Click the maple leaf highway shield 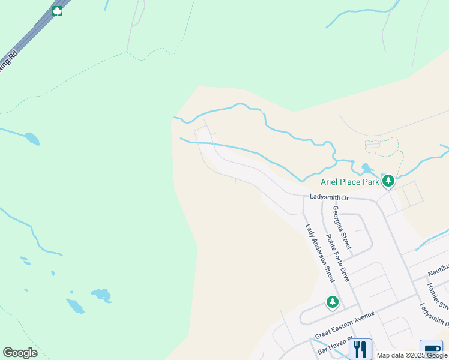click(58, 11)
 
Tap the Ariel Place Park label click(350, 182)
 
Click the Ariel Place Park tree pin click(388, 180)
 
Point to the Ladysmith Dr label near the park click(329, 197)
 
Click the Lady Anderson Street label click(319, 253)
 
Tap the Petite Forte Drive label click(337, 257)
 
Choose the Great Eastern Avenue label click(345, 324)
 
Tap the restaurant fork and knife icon click(360, 349)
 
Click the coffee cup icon click(431, 350)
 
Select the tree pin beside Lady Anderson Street click(333, 302)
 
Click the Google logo click(20, 352)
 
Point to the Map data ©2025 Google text click(412, 355)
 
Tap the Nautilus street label click(438, 268)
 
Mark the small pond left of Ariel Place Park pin click(366, 168)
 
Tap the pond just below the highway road click(32, 139)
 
